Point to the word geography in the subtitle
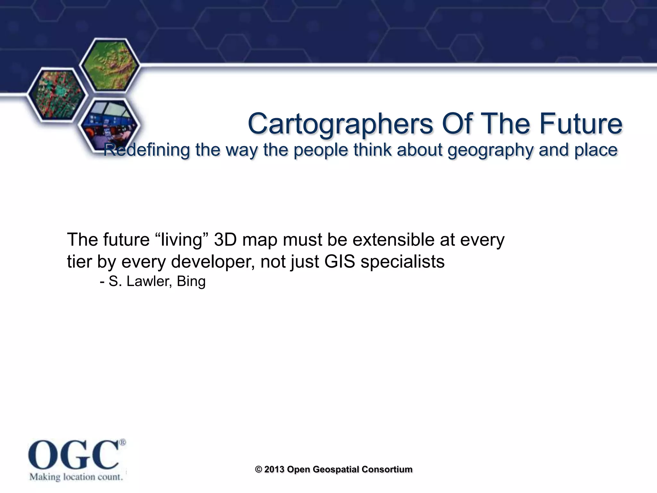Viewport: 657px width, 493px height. point(491,150)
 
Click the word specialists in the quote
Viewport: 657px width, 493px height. point(403,262)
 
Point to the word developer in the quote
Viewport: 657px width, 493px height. point(213,262)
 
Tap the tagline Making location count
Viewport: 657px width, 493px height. point(76,477)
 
